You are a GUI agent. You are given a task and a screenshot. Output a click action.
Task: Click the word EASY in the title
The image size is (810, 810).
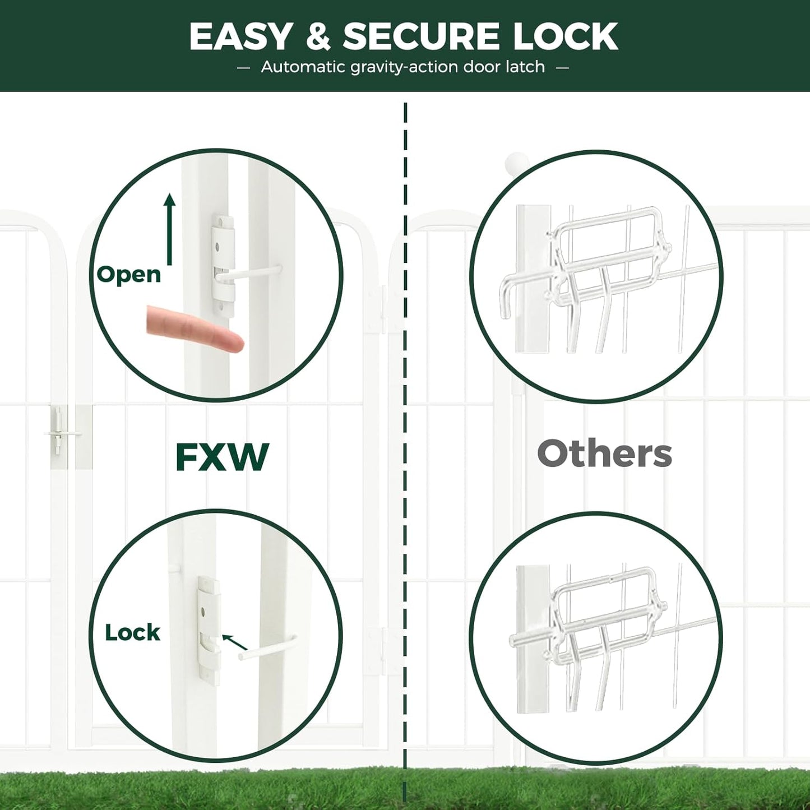[240, 36]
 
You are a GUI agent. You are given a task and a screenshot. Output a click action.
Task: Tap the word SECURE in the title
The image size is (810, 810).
[420, 36]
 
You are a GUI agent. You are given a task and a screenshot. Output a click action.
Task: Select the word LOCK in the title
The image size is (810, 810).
[565, 36]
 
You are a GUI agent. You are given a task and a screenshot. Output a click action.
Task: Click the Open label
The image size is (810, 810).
[129, 274]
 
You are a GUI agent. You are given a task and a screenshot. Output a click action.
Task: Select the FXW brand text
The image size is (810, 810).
[222, 457]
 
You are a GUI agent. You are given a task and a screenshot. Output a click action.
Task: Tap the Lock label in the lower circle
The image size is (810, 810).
[132, 632]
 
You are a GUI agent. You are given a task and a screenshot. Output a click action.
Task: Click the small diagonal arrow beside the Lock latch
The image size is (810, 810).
[234, 642]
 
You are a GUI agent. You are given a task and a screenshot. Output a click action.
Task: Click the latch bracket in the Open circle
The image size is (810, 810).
[223, 266]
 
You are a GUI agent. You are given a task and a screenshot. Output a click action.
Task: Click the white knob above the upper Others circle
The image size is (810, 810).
[516, 164]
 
